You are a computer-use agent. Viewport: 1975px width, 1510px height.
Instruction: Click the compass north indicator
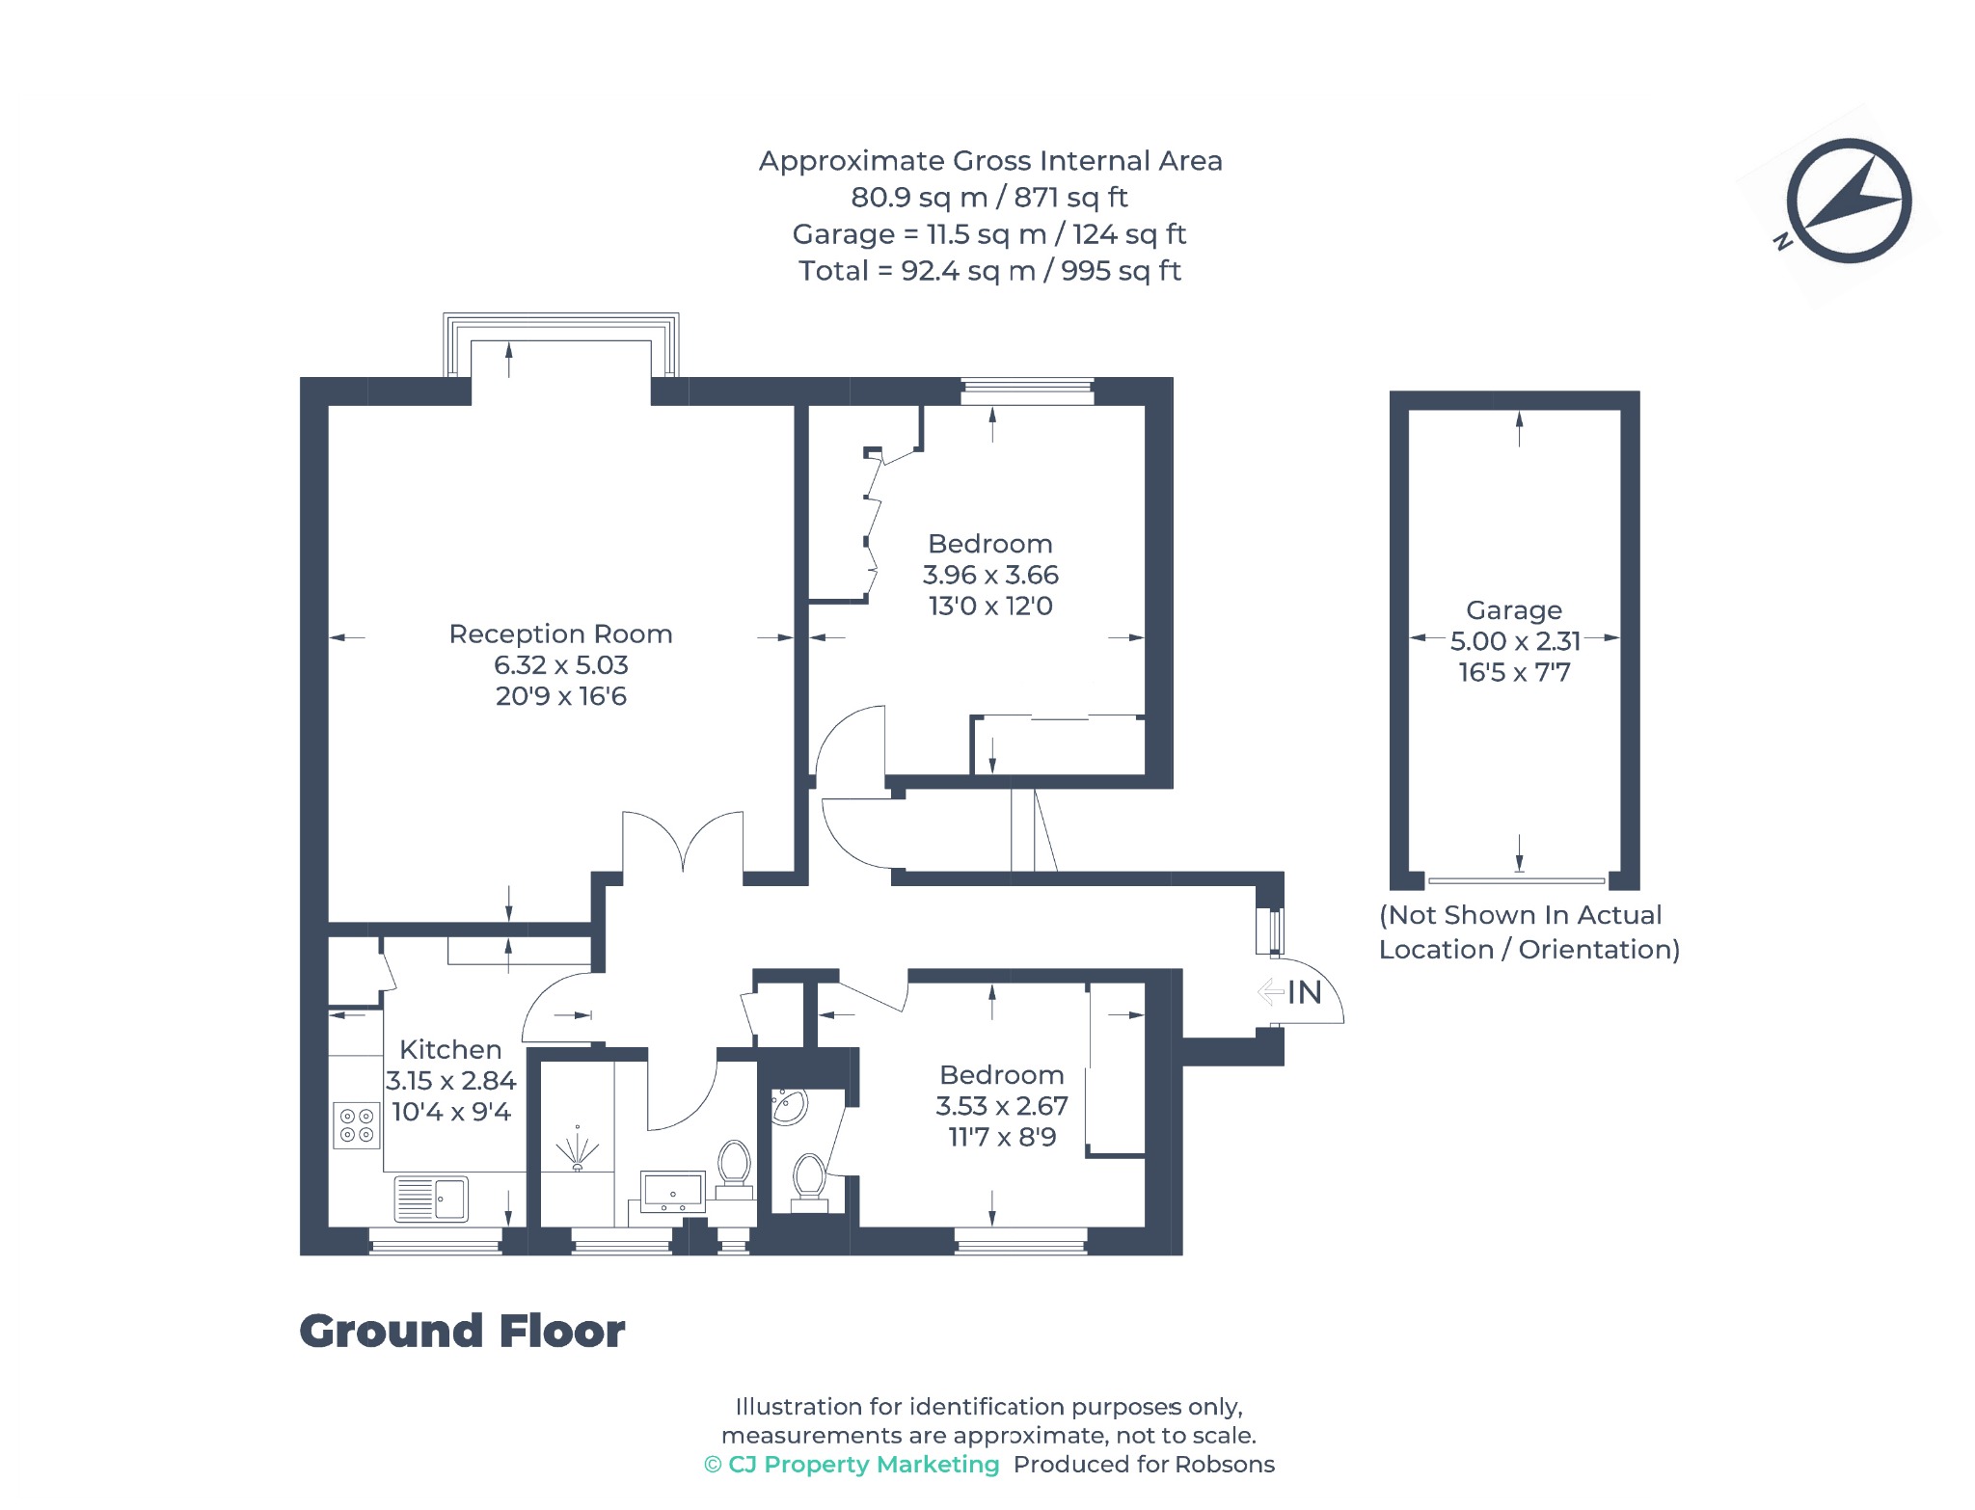[1848, 202]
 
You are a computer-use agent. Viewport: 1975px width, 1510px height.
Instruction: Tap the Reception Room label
[560, 634]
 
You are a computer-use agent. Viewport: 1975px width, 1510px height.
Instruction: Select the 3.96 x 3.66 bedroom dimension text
[990, 575]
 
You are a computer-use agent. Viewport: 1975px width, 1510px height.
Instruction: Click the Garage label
[1514, 610]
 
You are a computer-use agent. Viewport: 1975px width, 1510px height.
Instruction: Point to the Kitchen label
[450, 1049]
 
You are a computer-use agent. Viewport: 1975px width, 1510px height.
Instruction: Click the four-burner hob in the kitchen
[356, 1125]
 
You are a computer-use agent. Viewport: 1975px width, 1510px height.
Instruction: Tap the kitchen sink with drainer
[431, 1199]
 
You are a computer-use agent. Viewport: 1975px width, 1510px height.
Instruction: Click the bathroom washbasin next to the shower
[673, 1193]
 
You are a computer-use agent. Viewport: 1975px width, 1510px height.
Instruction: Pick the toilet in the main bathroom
[735, 1169]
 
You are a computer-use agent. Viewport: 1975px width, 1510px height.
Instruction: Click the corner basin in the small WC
[788, 1107]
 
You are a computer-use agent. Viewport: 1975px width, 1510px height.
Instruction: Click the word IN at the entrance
[1305, 992]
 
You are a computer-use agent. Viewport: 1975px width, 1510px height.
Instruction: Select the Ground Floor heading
[462, 1332]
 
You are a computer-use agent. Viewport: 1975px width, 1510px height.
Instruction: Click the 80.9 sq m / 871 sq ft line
[989, 198]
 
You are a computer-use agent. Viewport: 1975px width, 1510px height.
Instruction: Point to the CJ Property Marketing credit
[852, 1465]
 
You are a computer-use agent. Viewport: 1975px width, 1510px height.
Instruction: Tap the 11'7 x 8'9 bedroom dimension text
[1002, 1138]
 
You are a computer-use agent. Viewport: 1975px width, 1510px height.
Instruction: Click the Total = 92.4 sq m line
[989, 271]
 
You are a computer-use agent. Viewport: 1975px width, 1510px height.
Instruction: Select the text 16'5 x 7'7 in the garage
[1514, 672]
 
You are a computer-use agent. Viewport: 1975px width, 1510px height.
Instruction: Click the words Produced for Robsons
[1144, 1465]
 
